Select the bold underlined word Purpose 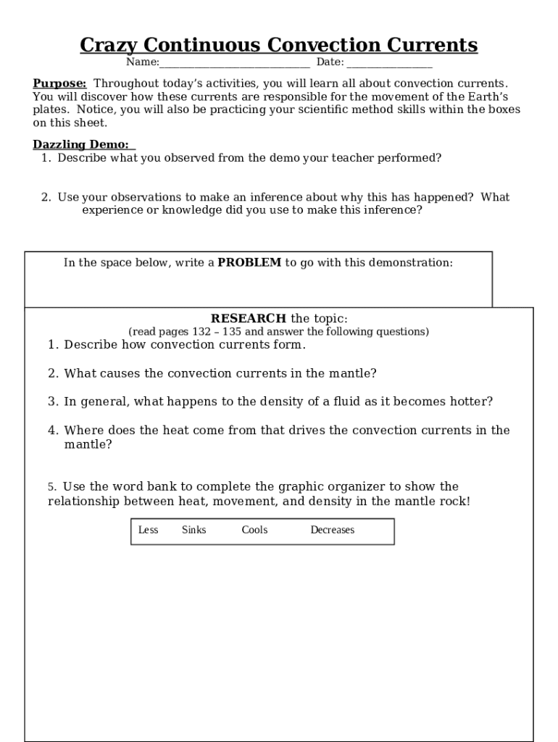coord(59,83)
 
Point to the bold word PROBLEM coord(249,262)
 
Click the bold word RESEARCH coord(248,319)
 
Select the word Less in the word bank coord(148,530)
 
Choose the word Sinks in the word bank coord(193,530)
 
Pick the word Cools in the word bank coord(254,530)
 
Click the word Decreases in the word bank coord(332,530)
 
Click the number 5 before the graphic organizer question coord(51,487)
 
